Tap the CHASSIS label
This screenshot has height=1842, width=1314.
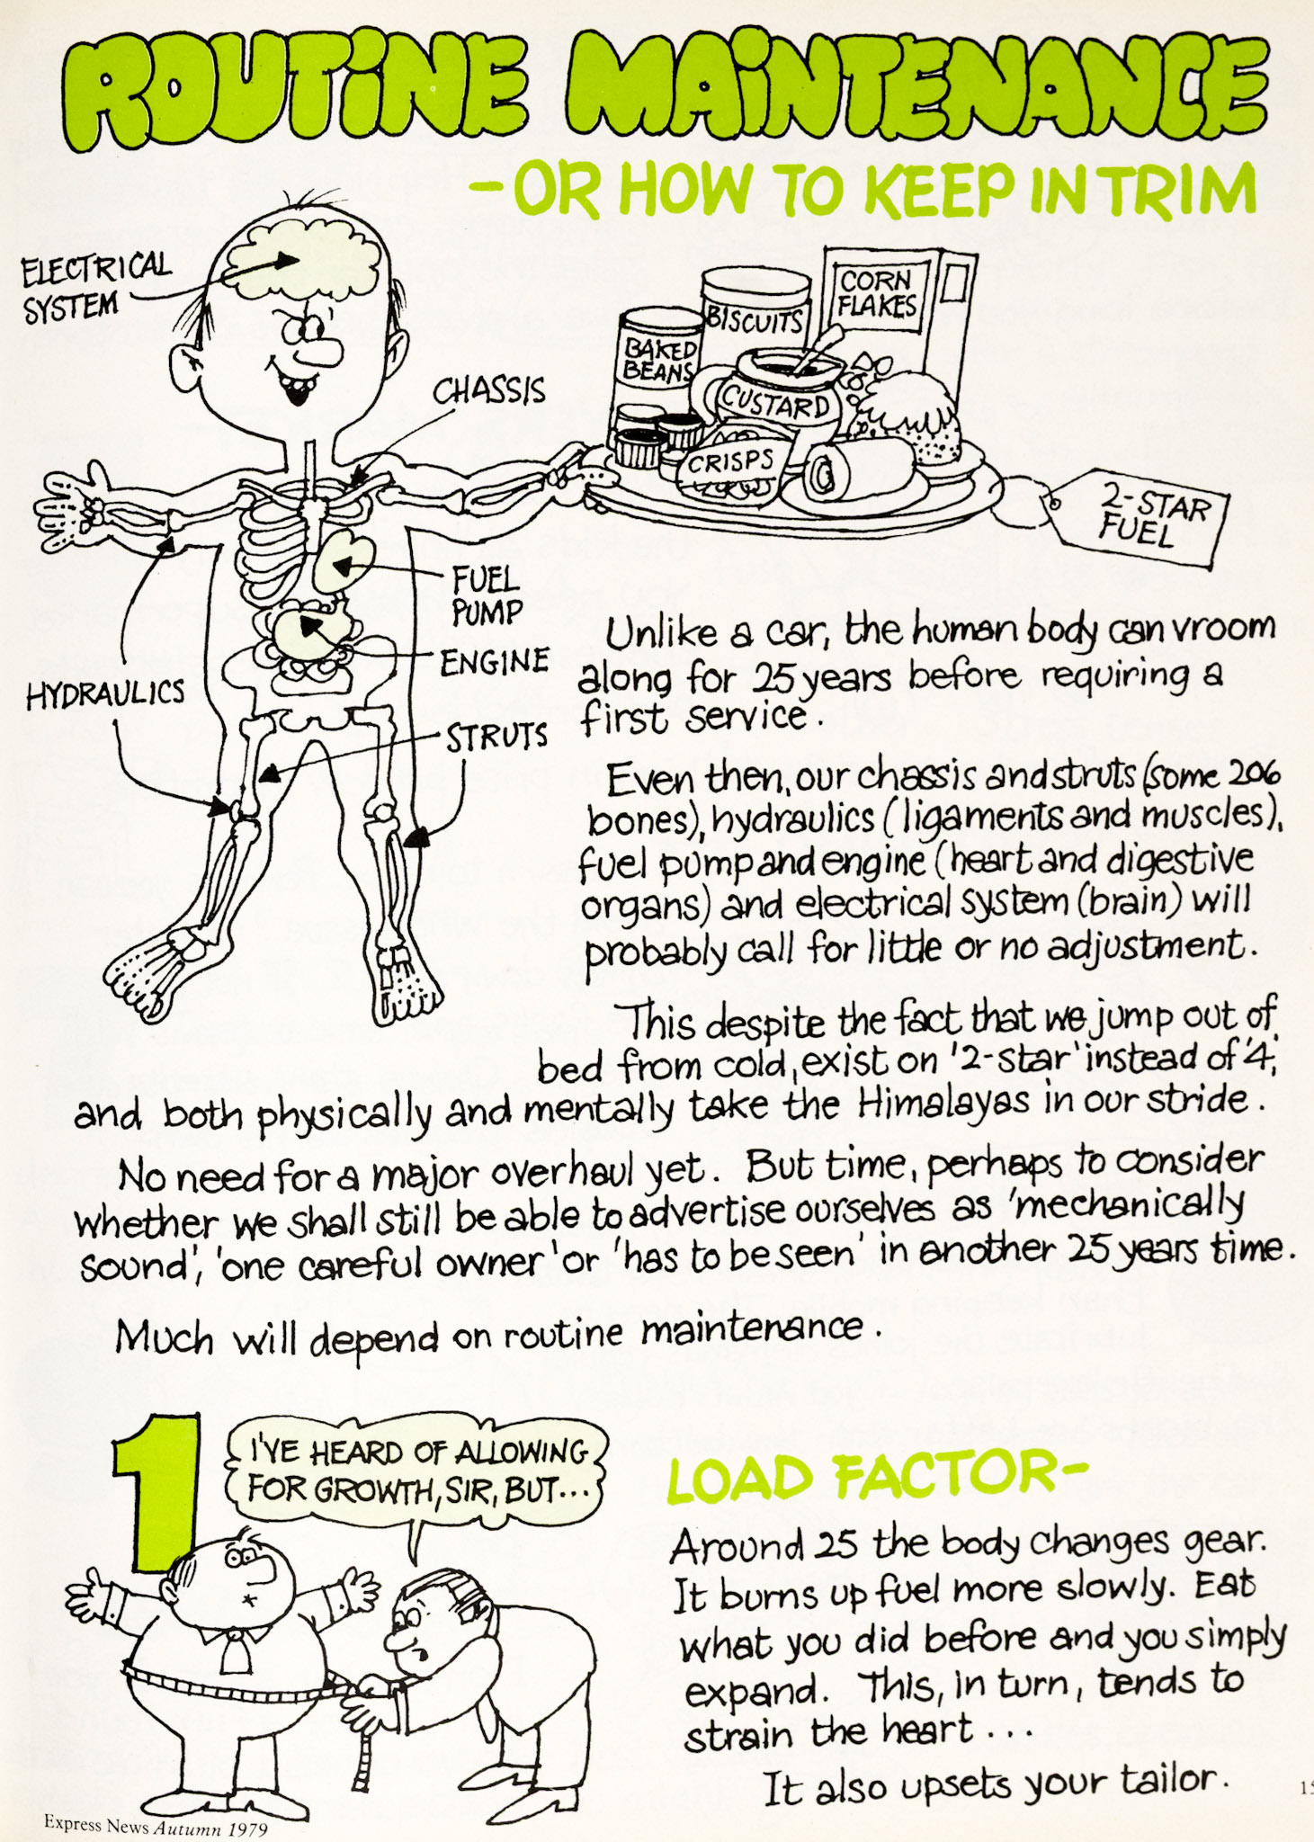coord(488,390)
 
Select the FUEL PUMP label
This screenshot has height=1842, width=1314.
coord(486,595)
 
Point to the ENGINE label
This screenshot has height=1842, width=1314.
coord(494,663)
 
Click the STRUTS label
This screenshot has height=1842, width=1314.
coord(496,738)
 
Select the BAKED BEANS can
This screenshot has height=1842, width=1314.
coord(657,360)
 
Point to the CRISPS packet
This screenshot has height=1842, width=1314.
coord(730,462)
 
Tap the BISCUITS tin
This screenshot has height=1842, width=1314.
coord(754,317)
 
